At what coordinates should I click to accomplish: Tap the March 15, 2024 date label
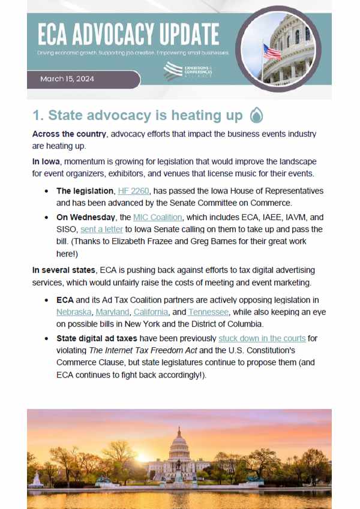coord(67,79)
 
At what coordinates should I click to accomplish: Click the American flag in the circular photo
coord(271,52)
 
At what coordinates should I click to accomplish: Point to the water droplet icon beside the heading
coord(256,115)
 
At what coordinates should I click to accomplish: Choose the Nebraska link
coord(74,312)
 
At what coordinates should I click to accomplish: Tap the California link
coord(151,312)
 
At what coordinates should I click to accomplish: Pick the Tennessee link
coord(208,312)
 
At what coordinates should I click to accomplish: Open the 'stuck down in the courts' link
coord(262,339)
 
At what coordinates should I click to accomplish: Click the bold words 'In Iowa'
coord(46,162)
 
